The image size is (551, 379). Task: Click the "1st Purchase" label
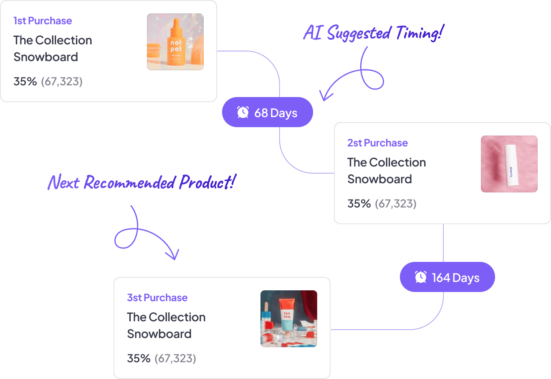pos(43,21)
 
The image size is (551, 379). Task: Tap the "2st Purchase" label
pos(377,143)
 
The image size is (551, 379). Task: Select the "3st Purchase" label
pos(157,298)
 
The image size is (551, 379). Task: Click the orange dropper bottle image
pos(175,42)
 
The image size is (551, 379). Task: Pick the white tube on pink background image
pos(509,164)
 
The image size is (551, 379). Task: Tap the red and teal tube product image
pos(289,319)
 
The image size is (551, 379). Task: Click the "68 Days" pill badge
pos(267,112)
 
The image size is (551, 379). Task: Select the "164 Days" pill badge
pos(447,277)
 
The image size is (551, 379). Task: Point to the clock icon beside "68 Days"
pos(243,112)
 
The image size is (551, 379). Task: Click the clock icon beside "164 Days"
pos(421,277)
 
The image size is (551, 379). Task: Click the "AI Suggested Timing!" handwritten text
pos(374,33)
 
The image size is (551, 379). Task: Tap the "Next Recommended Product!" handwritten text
pos(142,182)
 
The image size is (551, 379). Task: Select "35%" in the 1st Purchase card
pos(25,82)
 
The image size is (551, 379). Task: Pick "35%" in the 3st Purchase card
pos(139,359)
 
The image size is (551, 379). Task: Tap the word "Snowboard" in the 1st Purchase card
pos(46,57)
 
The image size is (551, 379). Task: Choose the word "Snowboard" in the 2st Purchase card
pos(380,179)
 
